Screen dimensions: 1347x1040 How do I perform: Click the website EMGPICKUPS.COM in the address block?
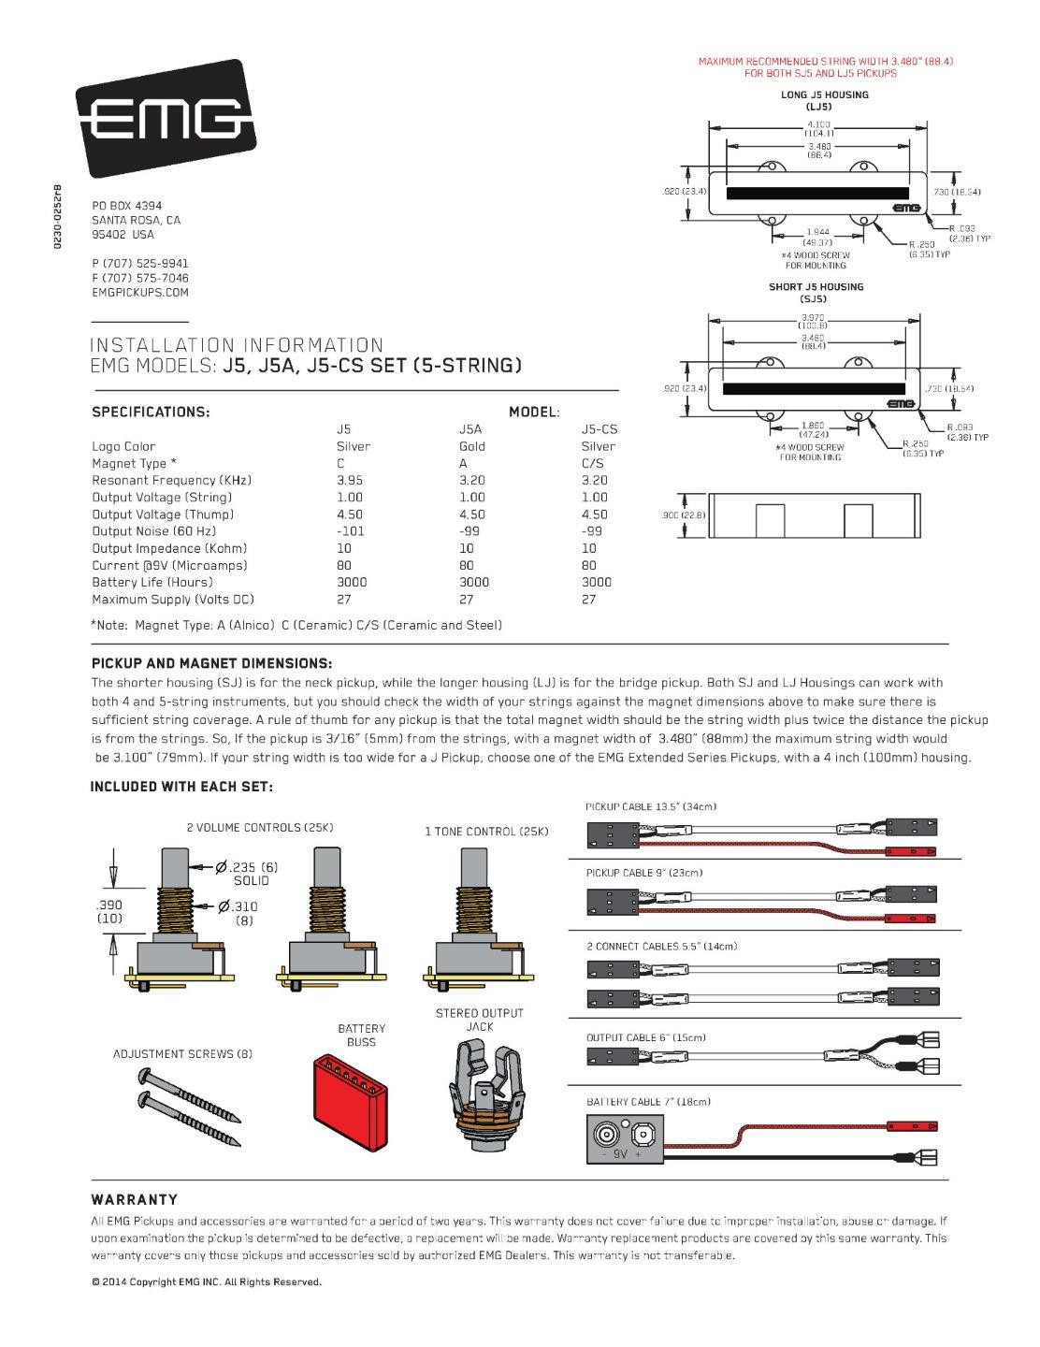point(140,293)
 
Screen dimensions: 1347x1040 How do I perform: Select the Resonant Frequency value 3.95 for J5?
point(349,481)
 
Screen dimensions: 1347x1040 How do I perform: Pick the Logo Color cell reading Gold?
point(472,447)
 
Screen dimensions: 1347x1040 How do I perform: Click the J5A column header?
point(470,429)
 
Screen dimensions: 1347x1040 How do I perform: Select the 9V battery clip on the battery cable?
point(625,1139)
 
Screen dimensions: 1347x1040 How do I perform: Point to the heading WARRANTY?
point(134,1200)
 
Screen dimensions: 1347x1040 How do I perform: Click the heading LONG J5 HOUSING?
point(824,94)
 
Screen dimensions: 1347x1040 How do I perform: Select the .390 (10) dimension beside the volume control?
point(109,911)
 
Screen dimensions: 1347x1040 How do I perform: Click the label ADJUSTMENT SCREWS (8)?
point(182,1054)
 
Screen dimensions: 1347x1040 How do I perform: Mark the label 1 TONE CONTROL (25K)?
point(486,832)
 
